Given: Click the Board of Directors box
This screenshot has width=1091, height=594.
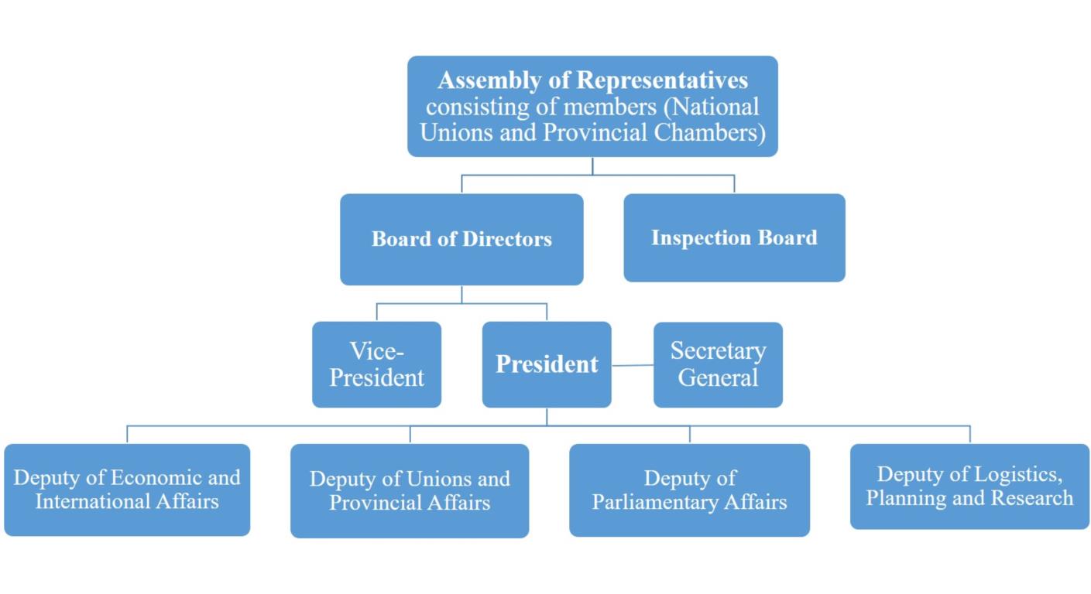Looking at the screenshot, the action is tap(461, 239).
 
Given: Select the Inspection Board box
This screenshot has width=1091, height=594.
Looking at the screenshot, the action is tap(735, 238).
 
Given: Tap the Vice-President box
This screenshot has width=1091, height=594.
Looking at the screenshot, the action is tap(377, 364).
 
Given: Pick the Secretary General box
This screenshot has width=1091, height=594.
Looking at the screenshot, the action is tap(719, 365).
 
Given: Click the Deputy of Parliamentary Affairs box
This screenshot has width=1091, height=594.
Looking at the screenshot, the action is tap(690, 490).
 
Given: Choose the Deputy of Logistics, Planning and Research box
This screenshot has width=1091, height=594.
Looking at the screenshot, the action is tap(969, 486).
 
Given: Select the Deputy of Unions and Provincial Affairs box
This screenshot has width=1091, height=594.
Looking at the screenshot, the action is tap(410, 491).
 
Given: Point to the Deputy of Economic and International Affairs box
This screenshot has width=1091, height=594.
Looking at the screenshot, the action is tap(127, 490).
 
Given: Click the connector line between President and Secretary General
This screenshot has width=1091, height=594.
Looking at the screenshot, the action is tap(633, 365).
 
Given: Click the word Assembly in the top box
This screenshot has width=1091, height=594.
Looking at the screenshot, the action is tap(489, 80).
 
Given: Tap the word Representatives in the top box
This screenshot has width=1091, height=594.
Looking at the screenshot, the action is tap(662, 80).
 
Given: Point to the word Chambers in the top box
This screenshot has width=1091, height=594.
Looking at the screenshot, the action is tap(709, 132).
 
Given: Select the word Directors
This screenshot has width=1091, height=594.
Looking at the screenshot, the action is tap(507, 239).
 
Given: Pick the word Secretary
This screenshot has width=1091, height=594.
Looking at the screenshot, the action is tap(719, 351).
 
